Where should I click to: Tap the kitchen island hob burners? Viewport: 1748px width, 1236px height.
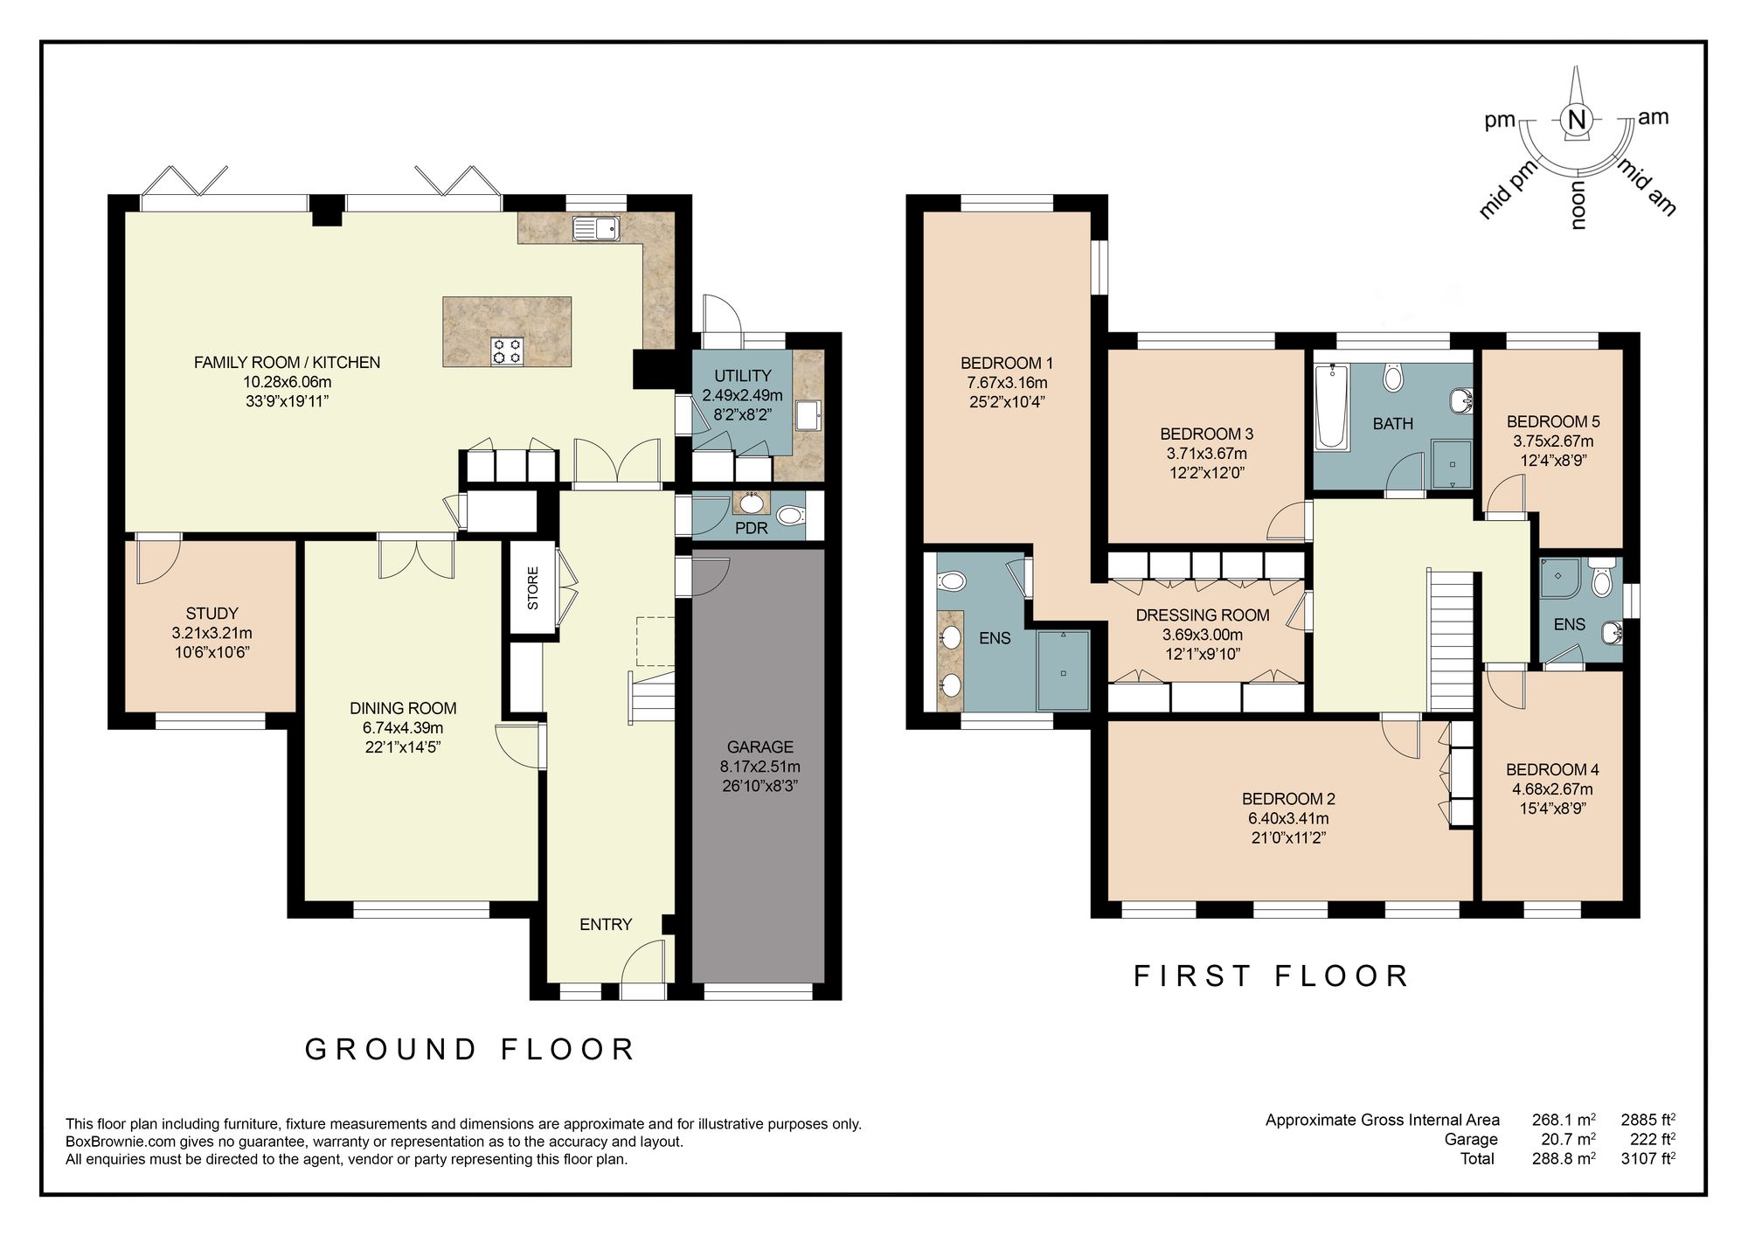(x=508, y=351)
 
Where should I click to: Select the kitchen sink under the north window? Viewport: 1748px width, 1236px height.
(x=596, y=229)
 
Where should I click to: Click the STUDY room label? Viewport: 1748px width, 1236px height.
(x=212, y=614)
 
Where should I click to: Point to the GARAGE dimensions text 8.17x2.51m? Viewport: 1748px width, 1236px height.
(x=760, y=767)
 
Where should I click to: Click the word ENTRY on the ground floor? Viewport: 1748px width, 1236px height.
(x=606, y=925)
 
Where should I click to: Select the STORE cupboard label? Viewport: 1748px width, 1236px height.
(x=533, y=588)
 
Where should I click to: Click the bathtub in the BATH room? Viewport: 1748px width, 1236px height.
(x=1332, y=407)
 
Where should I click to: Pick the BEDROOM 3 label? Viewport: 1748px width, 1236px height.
(x=1206, y=434)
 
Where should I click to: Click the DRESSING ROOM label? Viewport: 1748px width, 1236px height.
(x=1203, y=615)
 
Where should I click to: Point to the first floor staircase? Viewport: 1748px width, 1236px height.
(x=1451, y=640)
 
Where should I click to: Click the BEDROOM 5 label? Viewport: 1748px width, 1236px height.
(x=1553, y=421)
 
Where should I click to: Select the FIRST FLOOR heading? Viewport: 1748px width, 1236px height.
(x=1271, y=976)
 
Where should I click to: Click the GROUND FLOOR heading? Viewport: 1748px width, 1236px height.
(x=470, y=1050)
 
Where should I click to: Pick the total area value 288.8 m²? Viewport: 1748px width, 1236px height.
(x=1564, y=1159)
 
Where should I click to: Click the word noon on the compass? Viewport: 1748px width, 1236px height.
(x=1578, y=206)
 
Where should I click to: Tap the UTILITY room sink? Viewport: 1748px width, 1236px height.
(x=808, y=416)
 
